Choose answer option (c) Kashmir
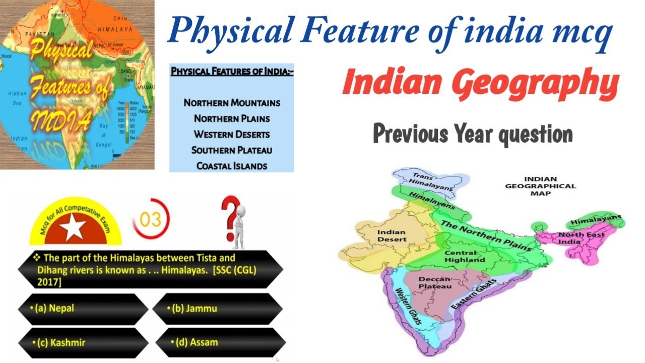61,342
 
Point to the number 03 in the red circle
151,220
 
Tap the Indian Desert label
392,235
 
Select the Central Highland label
464,256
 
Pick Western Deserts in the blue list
231,135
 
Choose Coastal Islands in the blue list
231,166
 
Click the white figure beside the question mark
238,227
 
